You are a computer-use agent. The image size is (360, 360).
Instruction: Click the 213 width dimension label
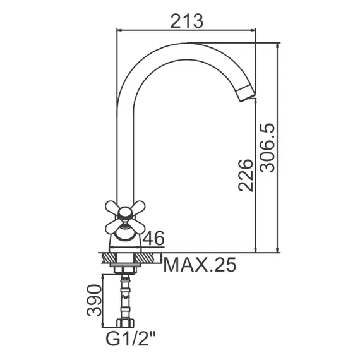(x=187, y=21)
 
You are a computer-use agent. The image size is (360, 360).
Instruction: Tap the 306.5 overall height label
(x=267, y=148)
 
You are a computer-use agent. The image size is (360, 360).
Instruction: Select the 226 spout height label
(x=246, y=175)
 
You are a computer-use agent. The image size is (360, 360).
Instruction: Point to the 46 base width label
(x=153, y=238)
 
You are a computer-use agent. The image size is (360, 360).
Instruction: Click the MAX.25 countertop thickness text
(x=200, y=265)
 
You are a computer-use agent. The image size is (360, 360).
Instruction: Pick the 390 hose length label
(x=94, y=300)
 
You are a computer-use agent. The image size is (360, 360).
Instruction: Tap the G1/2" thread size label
(x=131, y=338)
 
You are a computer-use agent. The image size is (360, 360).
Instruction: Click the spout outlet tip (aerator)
(x=246, y=93)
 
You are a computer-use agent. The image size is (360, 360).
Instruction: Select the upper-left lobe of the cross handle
(x=112, y=207)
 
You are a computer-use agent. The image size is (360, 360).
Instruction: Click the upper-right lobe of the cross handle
(x=138, y=207)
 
